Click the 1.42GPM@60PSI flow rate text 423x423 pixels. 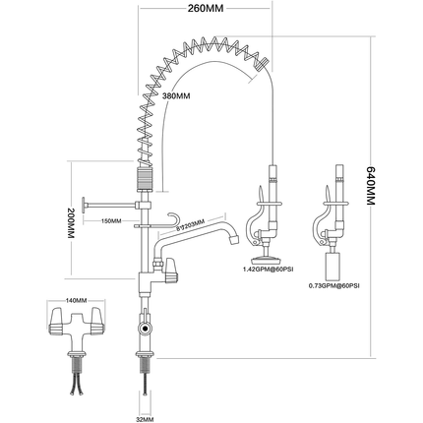(x=265, y=268)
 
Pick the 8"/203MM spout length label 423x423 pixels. (x=191, y=223)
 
